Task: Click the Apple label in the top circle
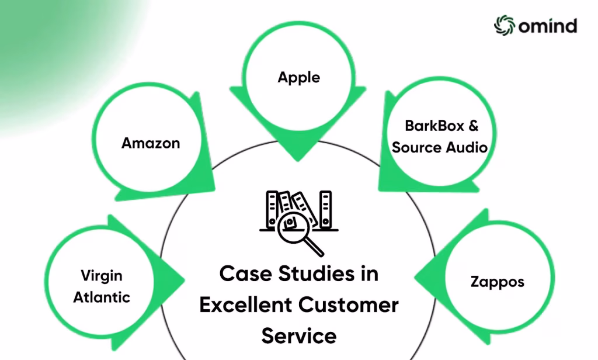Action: click(x=298, y=77)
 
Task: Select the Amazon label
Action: click(x=151, y=143)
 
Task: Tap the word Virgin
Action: click(x=102, y=275)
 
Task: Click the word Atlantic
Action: click(x=102, y=297)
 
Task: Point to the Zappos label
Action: click(x=497, y=282)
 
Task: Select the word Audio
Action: click(x=465, y=147)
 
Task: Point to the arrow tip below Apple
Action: click(x=298, y=156)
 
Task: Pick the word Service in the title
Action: click(x=298, y=336)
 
